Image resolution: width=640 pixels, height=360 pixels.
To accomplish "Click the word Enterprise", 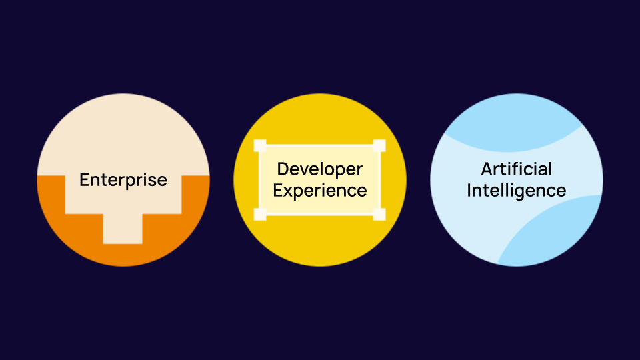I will pyautogui.click(x=123, y=180).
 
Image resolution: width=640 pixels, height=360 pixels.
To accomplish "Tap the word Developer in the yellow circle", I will pyautogui.click(x=320, y=169).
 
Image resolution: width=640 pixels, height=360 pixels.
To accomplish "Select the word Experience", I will pyautogui.click(x=320, y=191).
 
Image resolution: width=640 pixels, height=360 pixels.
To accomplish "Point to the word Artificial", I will pyautogui.click(x=517, y=169).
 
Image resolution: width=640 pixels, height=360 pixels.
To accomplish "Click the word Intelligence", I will pyautogui.click(x=517, y=191).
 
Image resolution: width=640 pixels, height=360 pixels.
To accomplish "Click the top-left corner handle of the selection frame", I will pyautogui.click(x=260, y=146).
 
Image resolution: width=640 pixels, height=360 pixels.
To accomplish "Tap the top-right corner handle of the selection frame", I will pyautogui.click(x=379, y=146).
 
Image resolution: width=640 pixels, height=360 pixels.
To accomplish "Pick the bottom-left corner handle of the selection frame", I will pyautogui.click(x=260, y=214).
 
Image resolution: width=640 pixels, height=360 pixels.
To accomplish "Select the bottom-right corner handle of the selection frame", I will pyautogui.click(x=379, y=214).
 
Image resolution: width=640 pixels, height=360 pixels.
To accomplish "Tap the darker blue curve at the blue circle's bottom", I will pyautogui.click(x=560, y=233).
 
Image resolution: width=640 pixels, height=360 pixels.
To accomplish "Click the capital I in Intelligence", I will pyautogui.click(x=469, y=191).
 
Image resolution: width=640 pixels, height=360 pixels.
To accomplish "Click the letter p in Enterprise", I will pyautogui.click(x=135, y=182).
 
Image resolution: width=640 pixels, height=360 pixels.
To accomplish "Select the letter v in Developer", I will pyautogui.click(x=306, y=170).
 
